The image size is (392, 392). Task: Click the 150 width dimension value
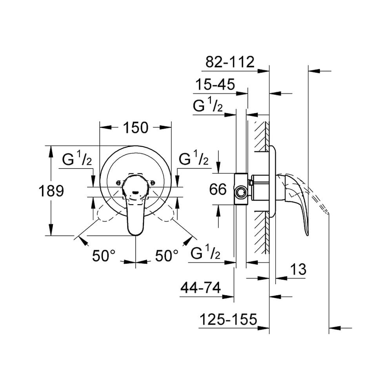[x=136, y=128]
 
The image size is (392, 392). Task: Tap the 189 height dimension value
[x=51, y=191]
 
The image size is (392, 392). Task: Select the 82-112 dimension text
[x=230, y=62]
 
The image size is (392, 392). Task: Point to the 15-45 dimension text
[x=215, y=84]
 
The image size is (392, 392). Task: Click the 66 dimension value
[x=218, y=189]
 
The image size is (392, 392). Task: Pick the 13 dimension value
[x=298, y=269]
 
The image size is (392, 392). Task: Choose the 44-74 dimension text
[x=200, y=287]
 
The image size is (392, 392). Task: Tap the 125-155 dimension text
[x=228, y=319]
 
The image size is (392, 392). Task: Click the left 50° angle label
[x=104, y=256]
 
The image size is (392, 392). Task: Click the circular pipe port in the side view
[x=241, y=192]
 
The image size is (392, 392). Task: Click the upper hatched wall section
[x=261, y=136]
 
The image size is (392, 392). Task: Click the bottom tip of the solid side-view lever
[x=307, y=235]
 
